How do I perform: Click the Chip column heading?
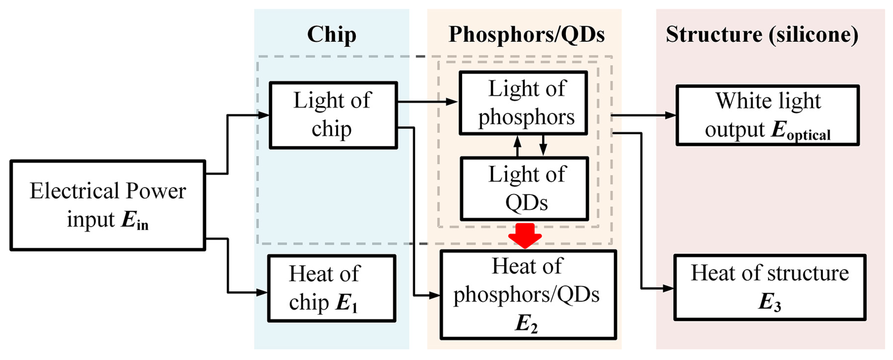point(331,35)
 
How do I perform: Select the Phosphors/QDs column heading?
point(526,35)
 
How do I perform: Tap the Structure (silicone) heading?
point(762,35)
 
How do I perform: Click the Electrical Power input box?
point(108,205)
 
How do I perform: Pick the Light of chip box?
point(333,115)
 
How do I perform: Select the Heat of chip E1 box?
point(331,288)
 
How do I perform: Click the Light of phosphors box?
point(523,103)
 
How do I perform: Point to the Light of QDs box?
point(524,189)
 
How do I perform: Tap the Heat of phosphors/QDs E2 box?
point(528,295)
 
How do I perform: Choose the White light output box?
point(768,115)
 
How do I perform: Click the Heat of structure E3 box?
point(770,287)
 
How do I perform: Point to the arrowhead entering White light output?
point(670,115)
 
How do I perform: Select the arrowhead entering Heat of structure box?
point(668,288)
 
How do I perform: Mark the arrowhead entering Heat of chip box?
point(262,292)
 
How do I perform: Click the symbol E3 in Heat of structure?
point(769,303)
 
